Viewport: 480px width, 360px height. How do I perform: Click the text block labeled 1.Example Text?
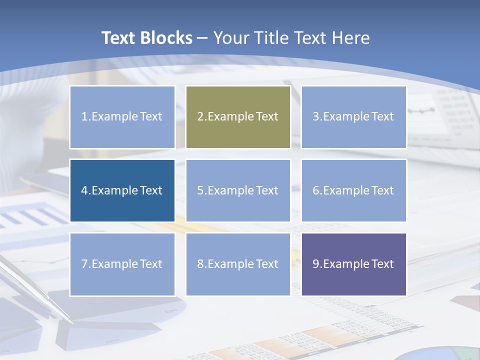[x=122, y=117]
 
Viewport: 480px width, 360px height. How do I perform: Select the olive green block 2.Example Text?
[x=238, y=117]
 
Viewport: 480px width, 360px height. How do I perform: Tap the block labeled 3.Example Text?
[x=353, y=117]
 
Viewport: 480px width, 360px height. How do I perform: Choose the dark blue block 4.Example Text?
[x=122, y=190]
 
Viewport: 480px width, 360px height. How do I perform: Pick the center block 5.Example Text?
[x=238, y=190]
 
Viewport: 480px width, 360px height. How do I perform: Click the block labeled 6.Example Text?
[x=353, y=190]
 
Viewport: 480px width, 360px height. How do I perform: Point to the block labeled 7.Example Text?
[x=122, y=264]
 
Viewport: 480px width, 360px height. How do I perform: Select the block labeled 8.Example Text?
[x=238, y=264]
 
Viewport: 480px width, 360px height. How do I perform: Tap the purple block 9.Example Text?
[x=353, y=264]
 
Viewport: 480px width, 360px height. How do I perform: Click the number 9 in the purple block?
[x=316, y=264]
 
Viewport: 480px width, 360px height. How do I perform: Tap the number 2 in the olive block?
[x=200, y=117]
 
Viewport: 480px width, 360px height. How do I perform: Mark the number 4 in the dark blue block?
[x=84, y=190]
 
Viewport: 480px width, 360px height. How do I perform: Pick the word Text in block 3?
[x=383, y=117]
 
